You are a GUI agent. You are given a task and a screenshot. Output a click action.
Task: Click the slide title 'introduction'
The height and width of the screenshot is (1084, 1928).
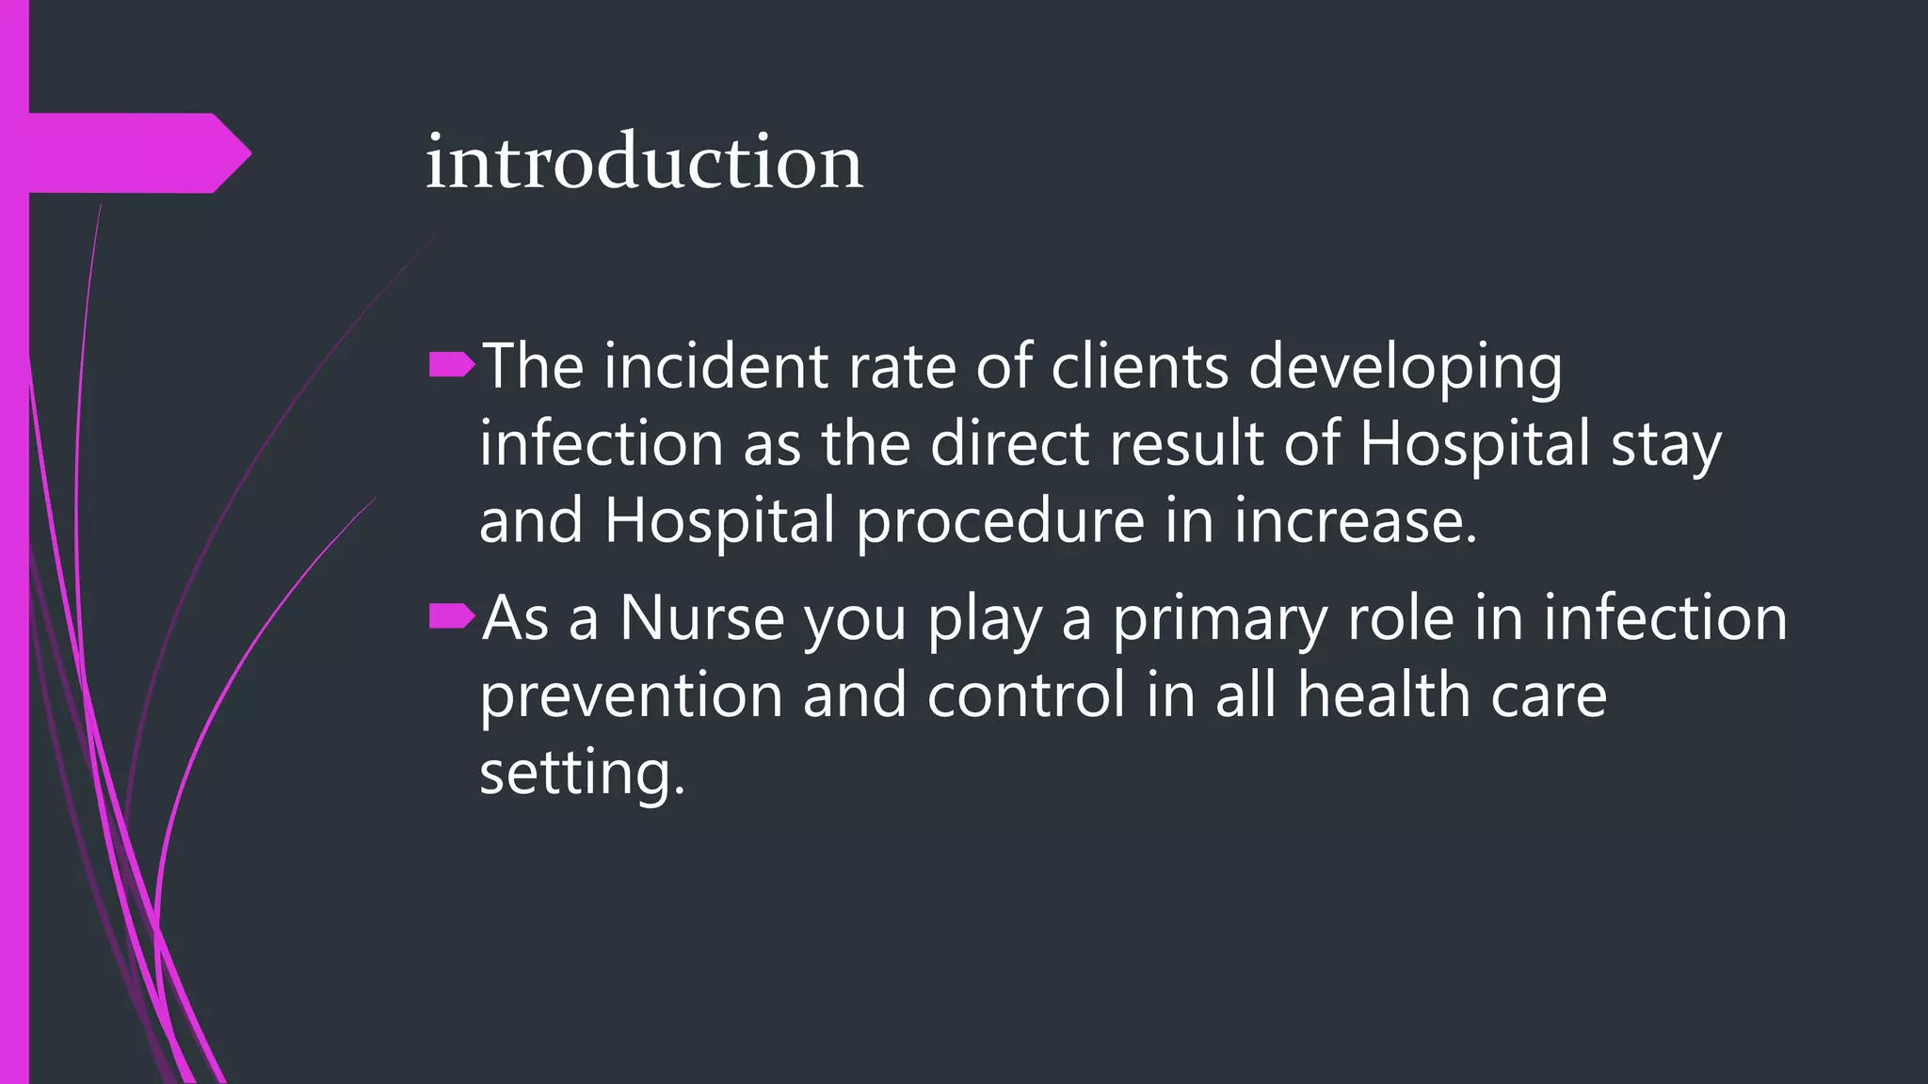point(644,162)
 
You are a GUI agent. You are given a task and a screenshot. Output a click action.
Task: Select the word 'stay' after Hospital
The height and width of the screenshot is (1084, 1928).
point(1665,444)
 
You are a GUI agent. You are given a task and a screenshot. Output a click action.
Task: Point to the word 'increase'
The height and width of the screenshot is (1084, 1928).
point(1356,521)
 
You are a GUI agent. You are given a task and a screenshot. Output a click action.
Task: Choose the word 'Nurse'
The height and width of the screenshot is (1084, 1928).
point(701,619)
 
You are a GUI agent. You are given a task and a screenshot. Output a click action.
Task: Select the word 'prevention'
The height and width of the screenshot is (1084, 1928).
point(631,696)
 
